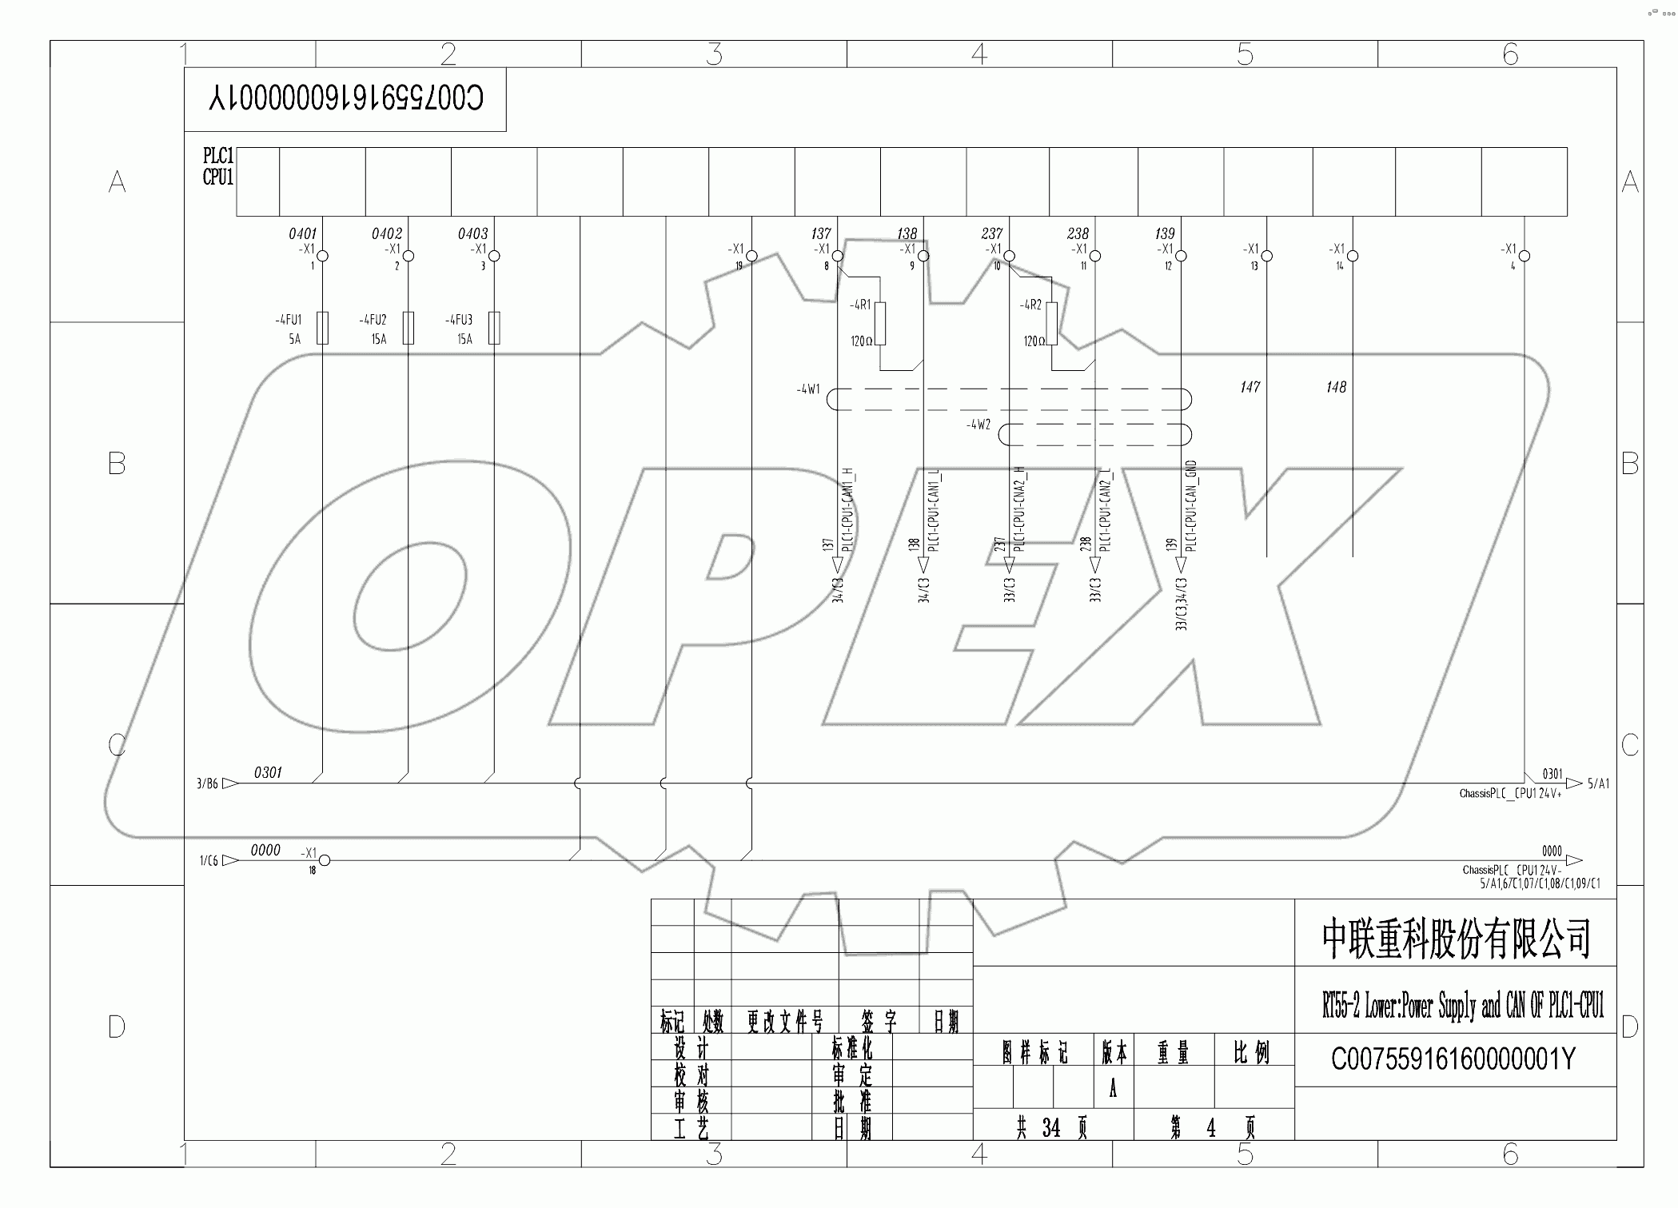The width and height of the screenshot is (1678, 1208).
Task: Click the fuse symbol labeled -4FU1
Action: pos(322,328)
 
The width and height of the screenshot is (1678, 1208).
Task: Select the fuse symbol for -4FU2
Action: pos(409,328)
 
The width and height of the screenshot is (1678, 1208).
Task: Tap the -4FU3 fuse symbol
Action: pos(494,328)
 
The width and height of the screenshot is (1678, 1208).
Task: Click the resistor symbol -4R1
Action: pos(880,323)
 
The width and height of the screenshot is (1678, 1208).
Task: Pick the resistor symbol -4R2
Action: pos(1051,323)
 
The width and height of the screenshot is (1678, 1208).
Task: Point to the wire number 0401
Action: pos(302,233)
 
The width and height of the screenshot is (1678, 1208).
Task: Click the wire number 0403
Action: pos(472,233)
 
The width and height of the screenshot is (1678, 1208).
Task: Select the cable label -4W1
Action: pos(807,389)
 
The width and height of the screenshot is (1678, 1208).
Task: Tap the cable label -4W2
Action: pos(978,425)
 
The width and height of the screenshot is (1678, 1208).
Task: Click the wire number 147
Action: pos(1250,387)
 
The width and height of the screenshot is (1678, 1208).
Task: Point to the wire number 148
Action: pos(1336,387)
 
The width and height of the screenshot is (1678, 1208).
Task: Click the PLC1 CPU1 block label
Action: pos(217,166)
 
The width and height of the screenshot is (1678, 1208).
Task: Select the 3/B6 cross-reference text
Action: pos(207,783)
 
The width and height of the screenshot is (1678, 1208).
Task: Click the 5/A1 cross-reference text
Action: pos(1598,783)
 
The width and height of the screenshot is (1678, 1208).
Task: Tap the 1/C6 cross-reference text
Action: pos(209,860)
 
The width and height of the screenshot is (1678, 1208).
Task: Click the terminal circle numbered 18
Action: pos(325,860)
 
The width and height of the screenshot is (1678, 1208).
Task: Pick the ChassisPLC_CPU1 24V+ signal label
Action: pos(1509,794)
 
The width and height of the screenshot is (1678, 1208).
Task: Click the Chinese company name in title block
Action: pos(1455,939)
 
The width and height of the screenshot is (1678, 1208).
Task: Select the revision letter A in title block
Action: pos(1112,1090)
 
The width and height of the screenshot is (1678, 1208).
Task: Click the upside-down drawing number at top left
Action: pos(345,98)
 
